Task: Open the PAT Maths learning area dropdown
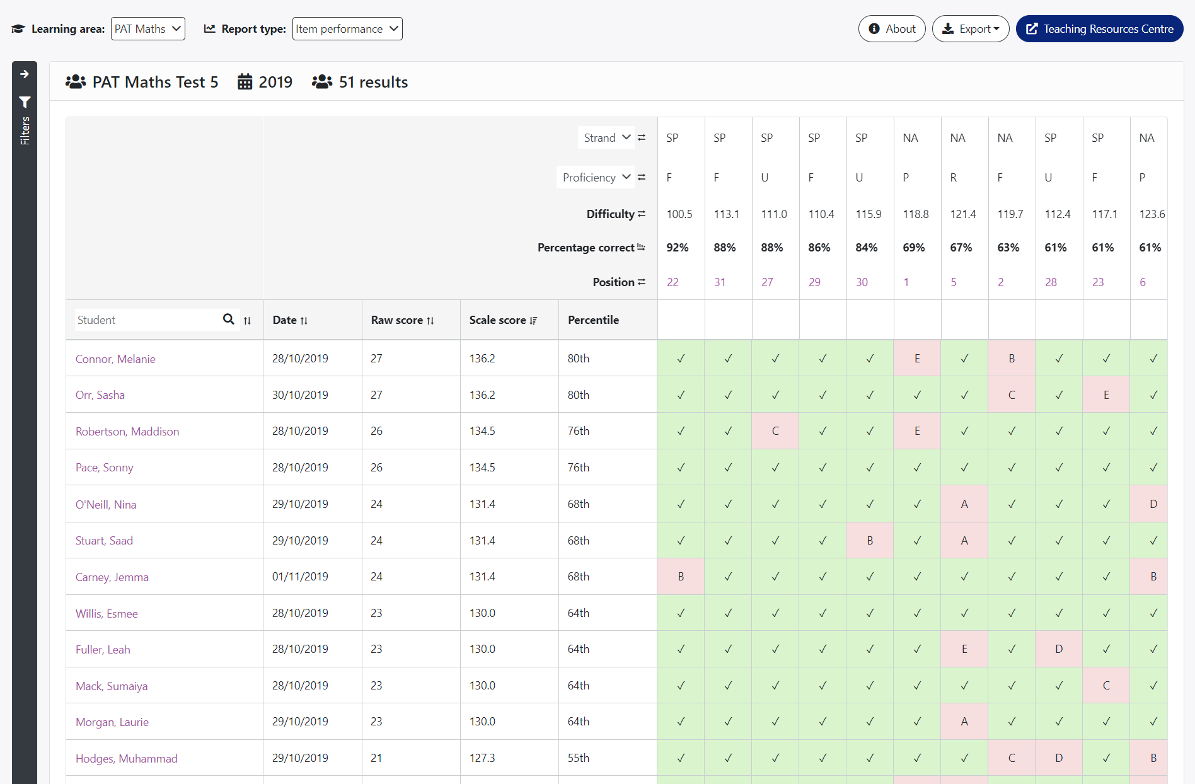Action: tap(148, 29)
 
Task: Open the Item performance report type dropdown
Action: tap(347, 29)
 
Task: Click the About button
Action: tap(892, 29)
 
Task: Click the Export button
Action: tap(971, 29)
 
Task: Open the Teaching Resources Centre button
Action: tap(1100, 29)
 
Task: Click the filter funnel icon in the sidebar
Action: tap(25, 102)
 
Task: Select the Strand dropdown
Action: tap(606, 137)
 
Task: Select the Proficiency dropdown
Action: tap(595, 177)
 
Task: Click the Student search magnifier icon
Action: tap(229, 320)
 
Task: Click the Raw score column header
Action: tap(402, 320)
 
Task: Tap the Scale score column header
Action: tap(503, 320)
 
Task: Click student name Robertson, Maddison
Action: tap(127, 432)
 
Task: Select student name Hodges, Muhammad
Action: tap(127, 759)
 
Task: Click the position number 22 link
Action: tap(673, 282)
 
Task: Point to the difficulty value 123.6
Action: tap(1152, 214)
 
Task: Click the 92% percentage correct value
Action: tap(678, 248)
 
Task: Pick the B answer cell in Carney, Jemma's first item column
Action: tap(681, 577)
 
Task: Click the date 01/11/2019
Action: tap(300, 577)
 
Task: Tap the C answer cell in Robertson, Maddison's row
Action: tap(775, 431)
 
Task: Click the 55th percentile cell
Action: tap(579, 758)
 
